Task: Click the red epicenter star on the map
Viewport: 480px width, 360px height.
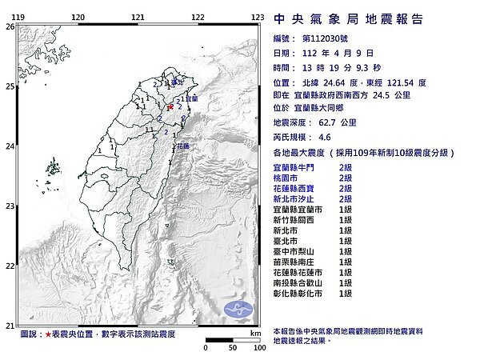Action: pos(170,106)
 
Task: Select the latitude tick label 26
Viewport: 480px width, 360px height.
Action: pos(10,26)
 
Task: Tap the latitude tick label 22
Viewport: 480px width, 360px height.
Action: pos(10,266)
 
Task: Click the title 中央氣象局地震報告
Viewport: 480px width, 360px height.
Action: pos(347,19)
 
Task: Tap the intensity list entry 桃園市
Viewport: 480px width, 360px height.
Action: pos(286,176)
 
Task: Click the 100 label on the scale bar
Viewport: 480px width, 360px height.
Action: pos(259,348)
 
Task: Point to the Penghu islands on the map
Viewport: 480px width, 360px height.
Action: pos(54,168)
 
